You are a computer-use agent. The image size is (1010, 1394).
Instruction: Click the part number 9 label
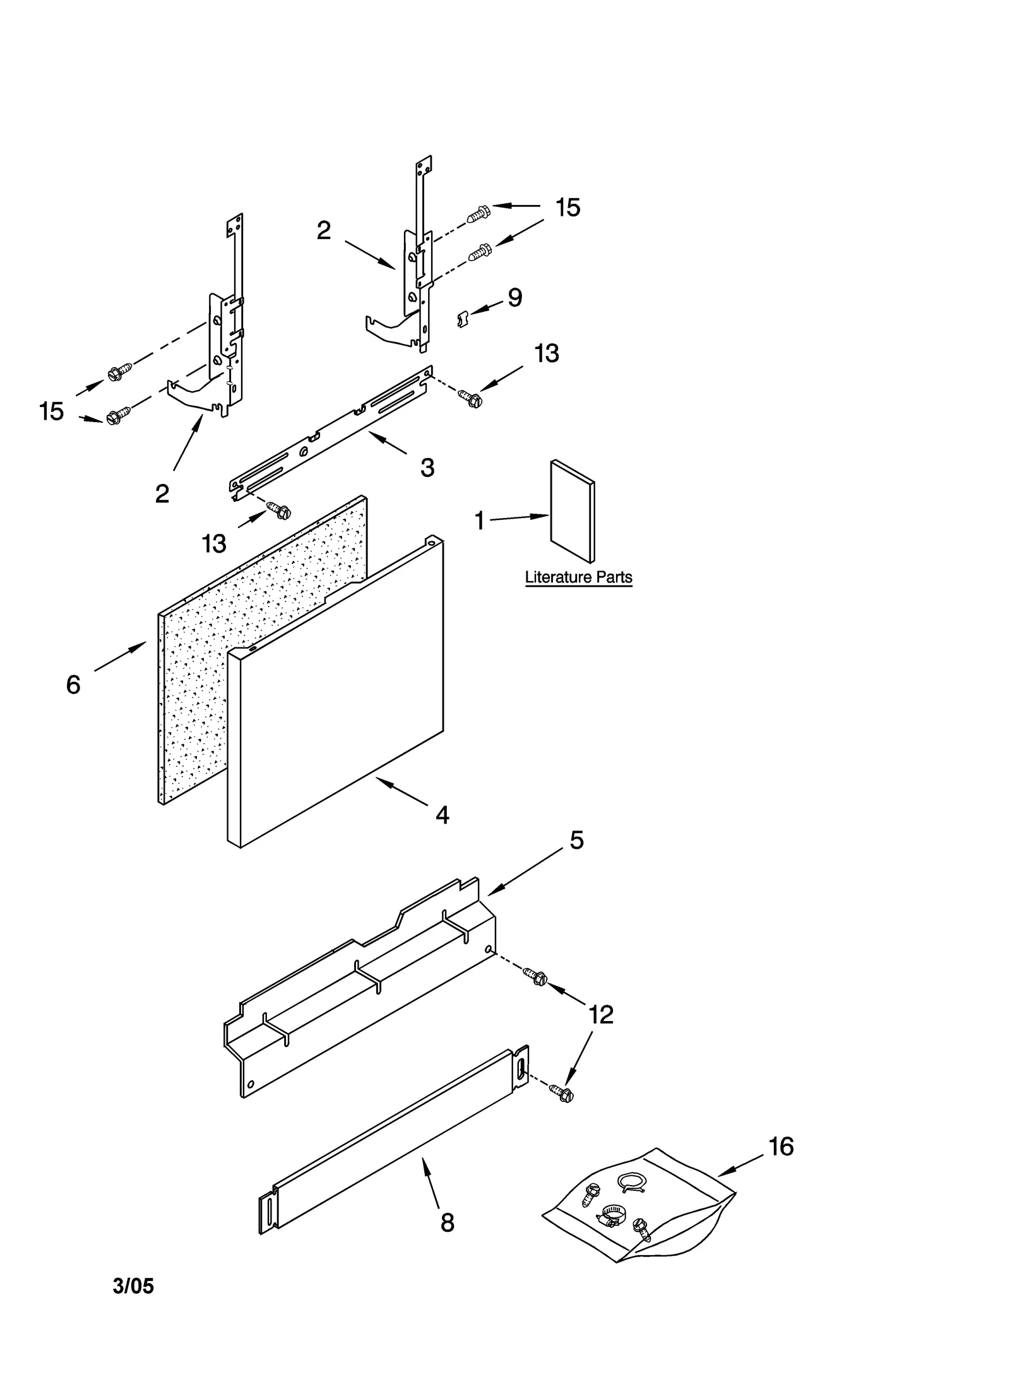coord(514,297)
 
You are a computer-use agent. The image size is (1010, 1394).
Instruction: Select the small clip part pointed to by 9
coord(463,319)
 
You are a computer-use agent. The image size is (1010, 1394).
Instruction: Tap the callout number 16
coord(781,1147)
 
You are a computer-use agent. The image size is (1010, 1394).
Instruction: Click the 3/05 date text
coord(133,1286)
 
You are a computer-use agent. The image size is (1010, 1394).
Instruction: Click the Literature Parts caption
coord(578,577)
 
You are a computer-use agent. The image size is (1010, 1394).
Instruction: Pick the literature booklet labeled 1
coord(572,511)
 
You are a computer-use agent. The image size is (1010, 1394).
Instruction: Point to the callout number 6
coord(73,685)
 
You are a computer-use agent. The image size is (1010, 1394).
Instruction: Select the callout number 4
coord(443,815)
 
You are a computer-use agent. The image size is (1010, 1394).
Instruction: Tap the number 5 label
coord(577,840)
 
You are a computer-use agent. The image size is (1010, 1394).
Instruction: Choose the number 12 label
coord(600,1015)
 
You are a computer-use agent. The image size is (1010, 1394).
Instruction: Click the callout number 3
coord(427,468)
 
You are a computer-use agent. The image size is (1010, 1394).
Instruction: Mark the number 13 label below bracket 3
coord(214,543)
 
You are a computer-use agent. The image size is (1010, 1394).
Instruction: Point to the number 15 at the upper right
coord(567,208)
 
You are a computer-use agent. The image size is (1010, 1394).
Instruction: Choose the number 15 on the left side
coord(52,411)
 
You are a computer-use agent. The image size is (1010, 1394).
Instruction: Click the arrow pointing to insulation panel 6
coord(120,656)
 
